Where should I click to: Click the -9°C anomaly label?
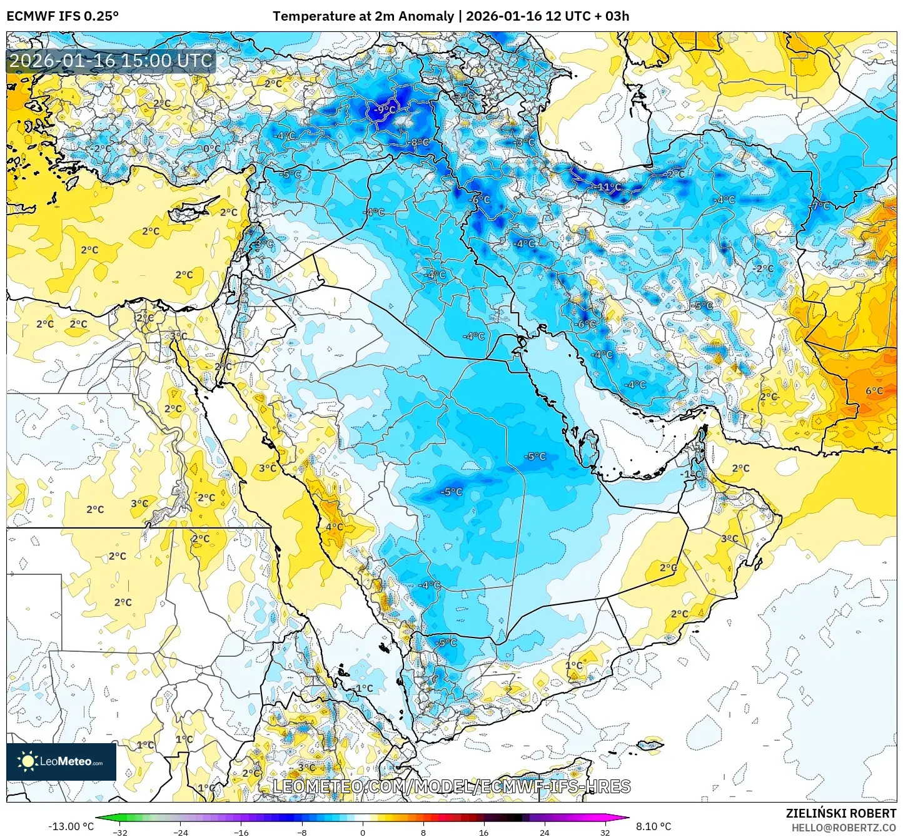(385, 109)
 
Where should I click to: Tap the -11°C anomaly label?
(608, 187)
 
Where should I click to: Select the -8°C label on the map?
(419, 143)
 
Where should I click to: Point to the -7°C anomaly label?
(820, 206)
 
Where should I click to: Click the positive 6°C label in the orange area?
(874, 391)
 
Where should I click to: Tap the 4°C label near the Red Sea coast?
(334, 527)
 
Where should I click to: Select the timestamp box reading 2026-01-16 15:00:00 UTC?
(111, 61)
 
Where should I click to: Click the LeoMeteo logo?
(61, 761)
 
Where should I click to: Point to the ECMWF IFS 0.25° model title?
(63, 16)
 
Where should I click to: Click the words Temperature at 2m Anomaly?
(363, 16)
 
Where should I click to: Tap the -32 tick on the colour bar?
(120, 832)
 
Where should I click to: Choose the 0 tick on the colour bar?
(363, 832)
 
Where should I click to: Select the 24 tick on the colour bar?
(545, 832)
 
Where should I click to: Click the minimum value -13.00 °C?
(71, 826)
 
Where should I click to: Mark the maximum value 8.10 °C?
(653, 826)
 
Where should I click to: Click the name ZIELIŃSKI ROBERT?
(841, 813)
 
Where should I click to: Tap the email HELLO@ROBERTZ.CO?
(844, 828)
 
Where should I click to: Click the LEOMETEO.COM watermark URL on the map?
(451, 786)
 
